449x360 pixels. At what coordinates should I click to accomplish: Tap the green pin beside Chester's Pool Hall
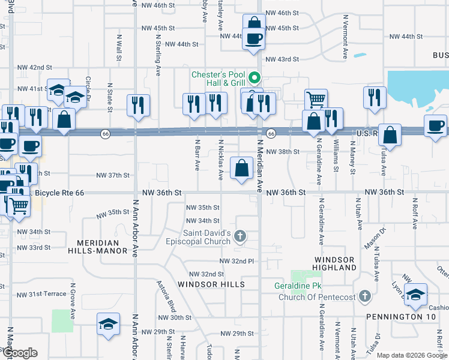(x=254, y=77)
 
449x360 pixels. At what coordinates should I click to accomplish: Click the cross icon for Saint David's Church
(x=240, y=236)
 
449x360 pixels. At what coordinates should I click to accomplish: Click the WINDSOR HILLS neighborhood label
(x=211, y=284)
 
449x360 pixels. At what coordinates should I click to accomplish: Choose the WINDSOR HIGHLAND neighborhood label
(x=335, y=263)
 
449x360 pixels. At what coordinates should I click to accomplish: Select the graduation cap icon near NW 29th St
(x=109, y=324)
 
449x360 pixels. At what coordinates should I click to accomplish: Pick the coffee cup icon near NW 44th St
(x=253, y=39)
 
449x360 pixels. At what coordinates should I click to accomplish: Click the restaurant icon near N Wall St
(x=139, y=105)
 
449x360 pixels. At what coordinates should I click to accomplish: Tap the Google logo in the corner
(x=20, y=353)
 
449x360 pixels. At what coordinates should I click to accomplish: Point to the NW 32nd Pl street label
(x=238, y=261)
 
